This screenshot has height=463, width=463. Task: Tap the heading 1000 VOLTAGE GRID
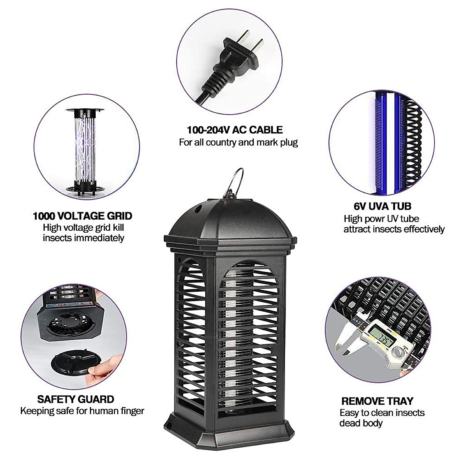[83, 216]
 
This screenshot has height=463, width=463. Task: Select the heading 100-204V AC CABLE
[235, 130]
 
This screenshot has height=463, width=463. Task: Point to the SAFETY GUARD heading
[76, 399]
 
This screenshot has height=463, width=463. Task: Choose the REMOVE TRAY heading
[377, 401]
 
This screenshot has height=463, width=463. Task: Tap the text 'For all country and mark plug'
[238, 142]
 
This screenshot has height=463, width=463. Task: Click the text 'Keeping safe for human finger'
[82, 411]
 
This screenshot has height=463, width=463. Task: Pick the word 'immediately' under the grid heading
[83, 238]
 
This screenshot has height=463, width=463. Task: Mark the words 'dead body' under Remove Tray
[361, 423]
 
